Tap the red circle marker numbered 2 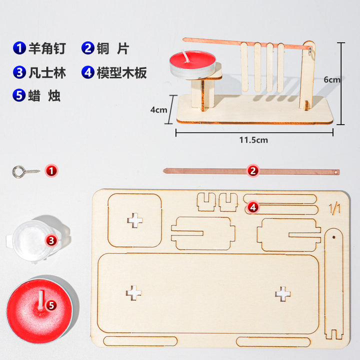(253, 171)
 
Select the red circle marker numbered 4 (253, 207)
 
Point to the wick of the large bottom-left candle (41, 300)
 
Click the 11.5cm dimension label (253, 140)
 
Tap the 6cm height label (332, 79)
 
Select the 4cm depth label (158, 109)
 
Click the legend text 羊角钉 (47, 48)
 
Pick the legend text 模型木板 (121, 72)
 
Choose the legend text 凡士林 (47, 72)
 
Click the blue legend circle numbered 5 (19, 95)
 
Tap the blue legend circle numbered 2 (88, 48)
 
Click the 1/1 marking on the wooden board (334, 208)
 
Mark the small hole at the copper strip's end (336, 171)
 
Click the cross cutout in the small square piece (135, 220)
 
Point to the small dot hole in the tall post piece (334, 237)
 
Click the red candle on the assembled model (192, 64)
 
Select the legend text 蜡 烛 (44, 95)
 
